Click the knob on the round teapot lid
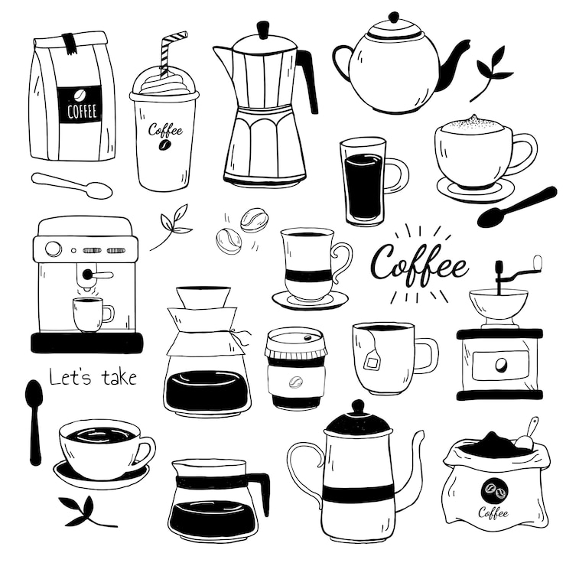(x=394, y=18)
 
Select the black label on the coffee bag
(x=80, y=105)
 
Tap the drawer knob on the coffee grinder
(x=500, y=365)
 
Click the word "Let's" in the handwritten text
(x=70, y=376)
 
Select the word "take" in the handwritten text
(x=119, y=377)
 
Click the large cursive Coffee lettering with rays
(x=420, y=264)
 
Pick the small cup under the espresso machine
(x=93, y=314)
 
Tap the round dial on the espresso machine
(x=54, y=249)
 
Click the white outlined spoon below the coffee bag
(x=72, y=185)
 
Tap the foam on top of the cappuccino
(x=472, y=125)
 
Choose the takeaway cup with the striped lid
(x=296, y=368)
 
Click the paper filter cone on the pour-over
(x=203, y=297)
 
